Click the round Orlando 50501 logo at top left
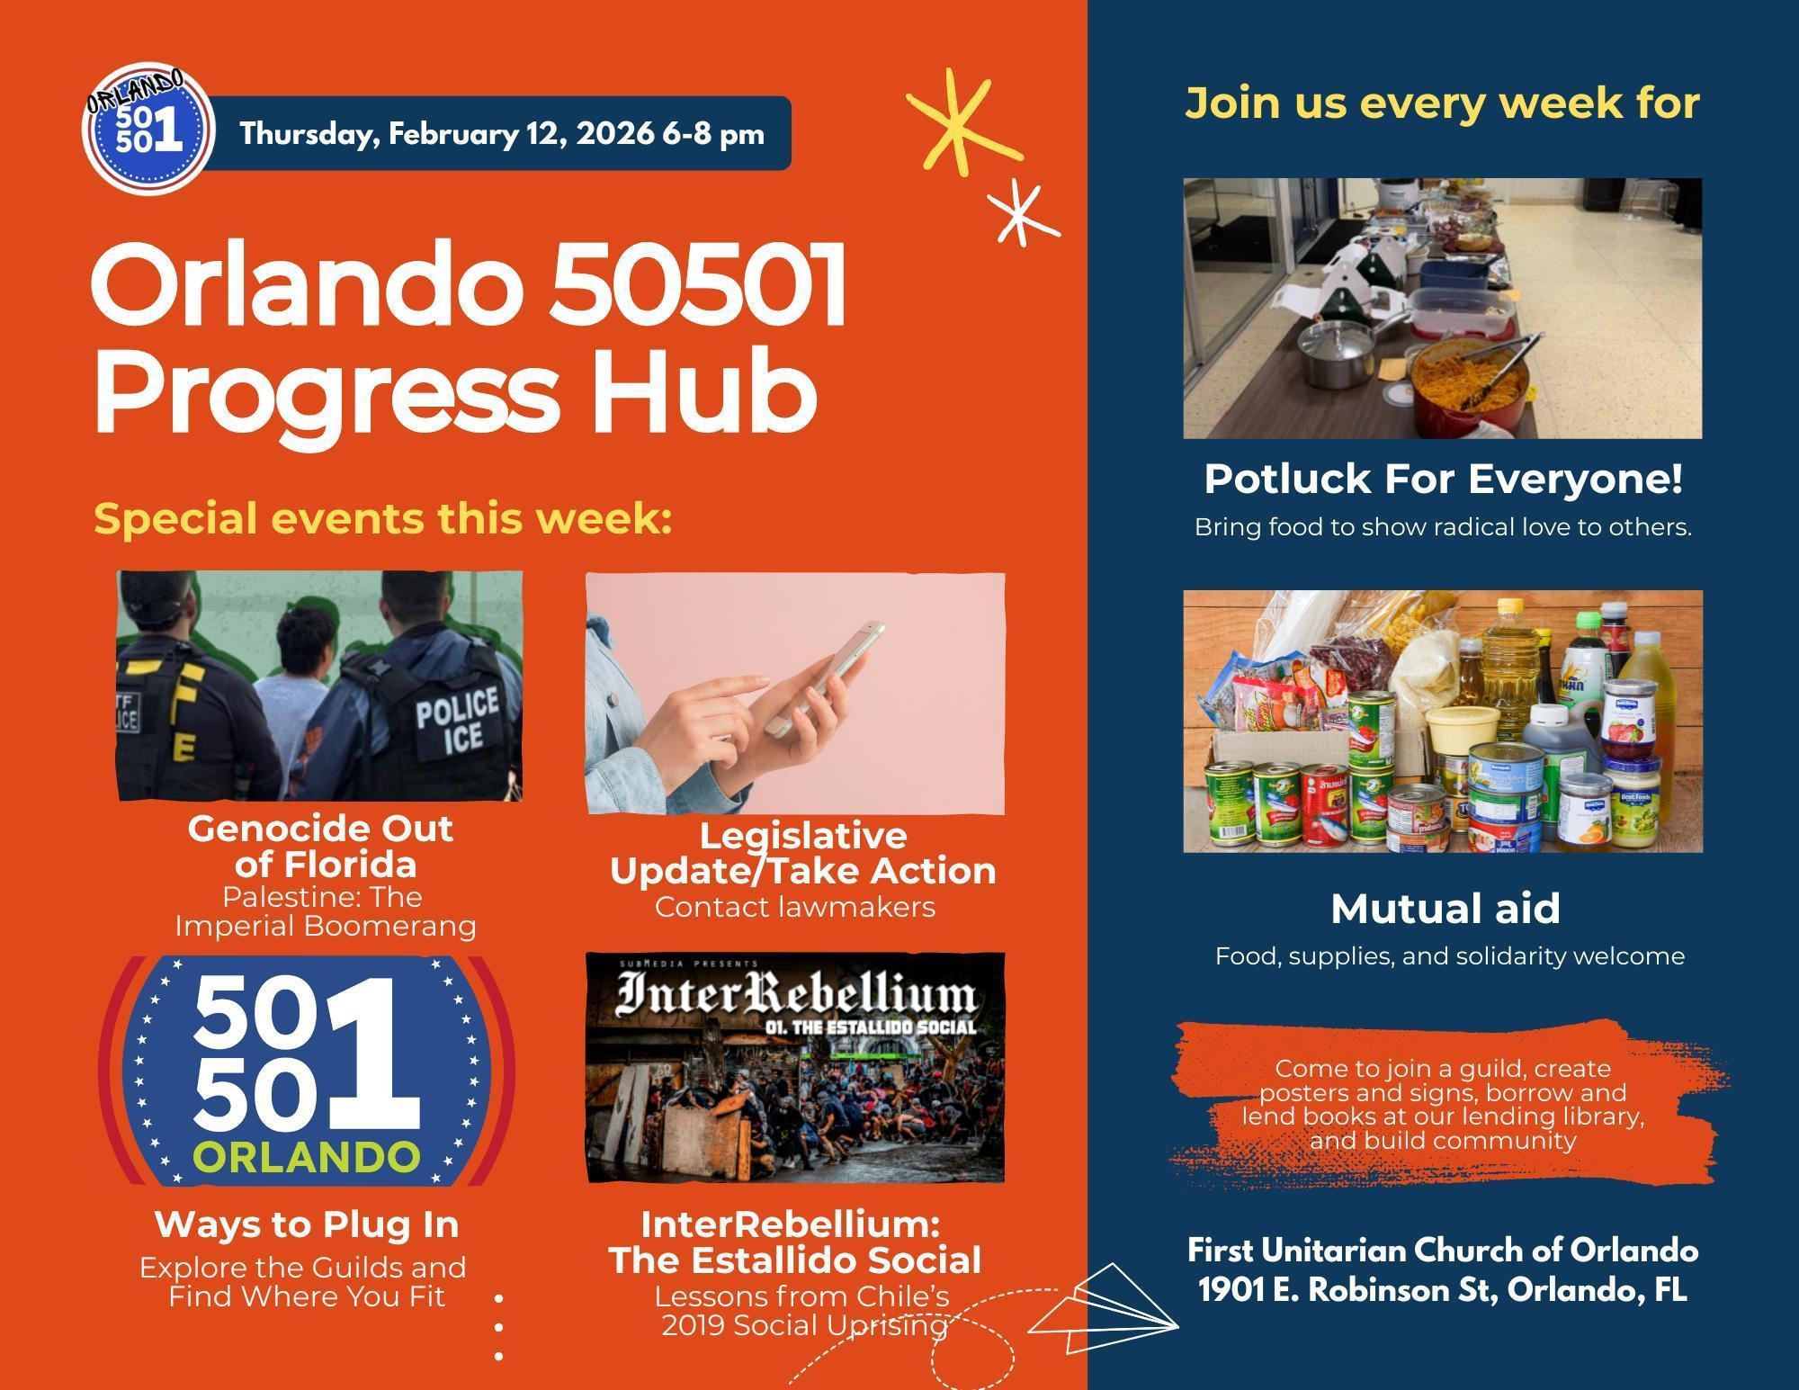pos(148,130)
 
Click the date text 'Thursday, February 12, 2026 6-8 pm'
pos(502,134)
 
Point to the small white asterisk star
pos(1022,212)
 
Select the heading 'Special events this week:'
pos(383,519)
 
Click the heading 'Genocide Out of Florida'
pos(321,846)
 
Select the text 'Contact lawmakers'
pos(795,907)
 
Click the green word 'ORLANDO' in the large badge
pos(307,1157)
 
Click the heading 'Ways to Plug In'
pos(307,1224)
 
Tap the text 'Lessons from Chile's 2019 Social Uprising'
pos(802,1311)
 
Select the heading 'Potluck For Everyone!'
pos(1443,479)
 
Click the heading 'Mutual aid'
pos(1445,909)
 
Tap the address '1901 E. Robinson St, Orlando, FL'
pos(1443,1290)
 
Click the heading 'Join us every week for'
pos(1443,103)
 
